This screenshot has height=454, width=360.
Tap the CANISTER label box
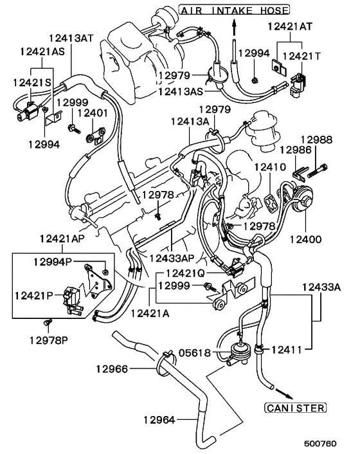(x=295, y=408)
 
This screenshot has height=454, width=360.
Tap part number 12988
(x=316, y=138)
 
